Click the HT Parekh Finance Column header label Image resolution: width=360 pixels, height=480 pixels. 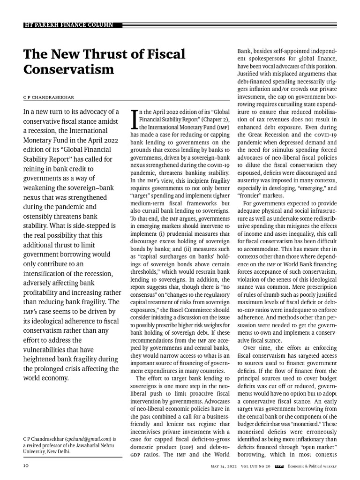coord(68,24)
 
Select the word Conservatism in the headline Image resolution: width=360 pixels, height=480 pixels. coord(68,69)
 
